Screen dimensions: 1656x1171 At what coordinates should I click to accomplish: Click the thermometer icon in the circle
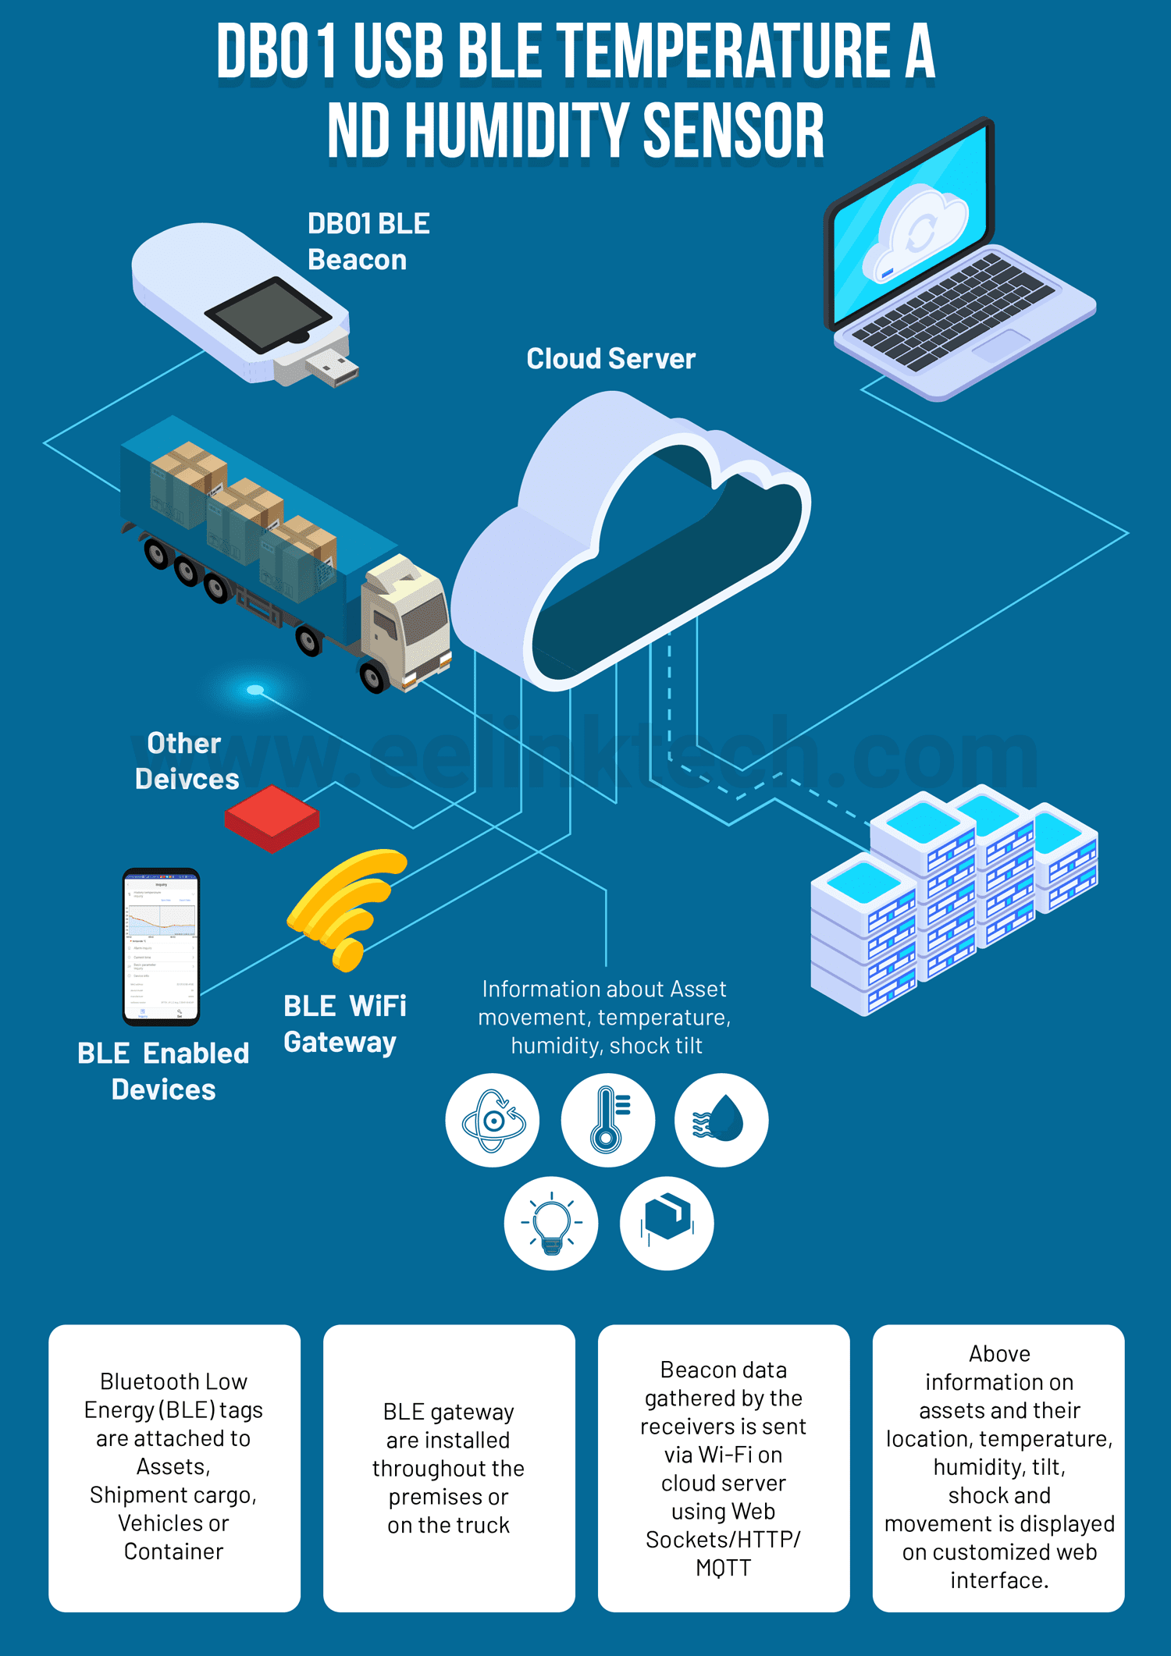click(x=607, y=1120)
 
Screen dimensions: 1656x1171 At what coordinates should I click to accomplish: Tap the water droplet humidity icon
click(x=721, y=1120)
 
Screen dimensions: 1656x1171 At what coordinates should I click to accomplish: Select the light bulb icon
click(x=551, y=1223)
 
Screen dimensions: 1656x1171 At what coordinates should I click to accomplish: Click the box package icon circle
click(x=667, y=1223)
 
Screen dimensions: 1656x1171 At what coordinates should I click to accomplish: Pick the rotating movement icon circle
click(x=493, y=1120)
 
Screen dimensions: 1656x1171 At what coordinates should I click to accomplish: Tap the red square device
click(x=272, y=818)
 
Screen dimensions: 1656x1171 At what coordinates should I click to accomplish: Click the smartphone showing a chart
click(x=161, y=946)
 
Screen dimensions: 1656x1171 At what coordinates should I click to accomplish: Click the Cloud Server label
click(x=610, y=359)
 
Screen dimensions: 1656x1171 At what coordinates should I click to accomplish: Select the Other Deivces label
click(x=186, y=761)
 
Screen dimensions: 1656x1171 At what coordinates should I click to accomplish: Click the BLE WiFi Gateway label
click(x=344, y=1024)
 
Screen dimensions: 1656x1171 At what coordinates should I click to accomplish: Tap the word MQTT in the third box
click(x=723, y=1568)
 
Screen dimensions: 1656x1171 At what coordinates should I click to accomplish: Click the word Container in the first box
click(x=173, y=1551)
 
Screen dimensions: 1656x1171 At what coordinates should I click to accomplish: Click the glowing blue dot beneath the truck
click(x=255, y=690)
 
